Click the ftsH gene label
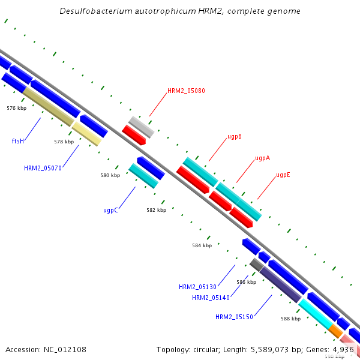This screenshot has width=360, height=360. (17, 141)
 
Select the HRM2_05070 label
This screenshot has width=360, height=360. (43, 169)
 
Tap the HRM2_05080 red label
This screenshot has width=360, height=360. (186, 91)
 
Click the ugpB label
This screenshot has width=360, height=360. (235, 136)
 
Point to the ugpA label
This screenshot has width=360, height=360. (262, 158)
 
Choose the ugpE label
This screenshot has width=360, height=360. (283, 175)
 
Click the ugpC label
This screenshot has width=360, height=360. (110, 211)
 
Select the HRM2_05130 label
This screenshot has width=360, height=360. (197, 287)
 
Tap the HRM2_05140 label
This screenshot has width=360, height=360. (211, 298)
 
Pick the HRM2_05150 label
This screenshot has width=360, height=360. (234, 317)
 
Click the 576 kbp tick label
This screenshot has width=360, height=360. (16, 109)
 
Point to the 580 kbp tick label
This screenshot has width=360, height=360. (110, 176)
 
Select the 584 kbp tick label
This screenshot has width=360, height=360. (202, 245)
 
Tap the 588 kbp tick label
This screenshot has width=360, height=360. (290, 319)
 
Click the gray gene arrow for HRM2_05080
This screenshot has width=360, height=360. (141, 127)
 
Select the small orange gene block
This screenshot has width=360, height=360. (335, 331)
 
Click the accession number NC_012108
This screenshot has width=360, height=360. (62, 349)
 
